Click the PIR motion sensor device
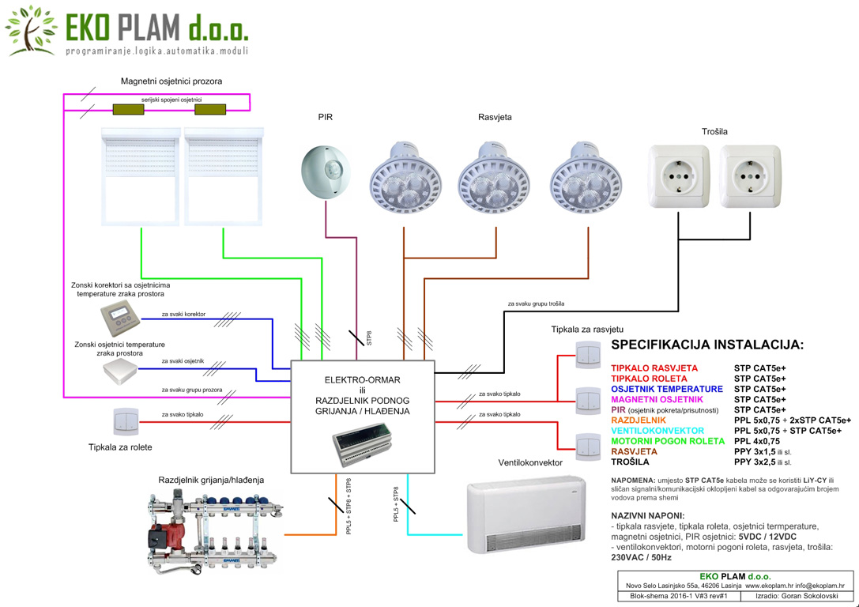(326, 171)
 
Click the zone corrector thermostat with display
(121, 318)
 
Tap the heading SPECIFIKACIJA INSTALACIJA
(707, 345)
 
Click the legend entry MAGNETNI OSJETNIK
(657, 400)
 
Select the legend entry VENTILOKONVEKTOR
(657, 431)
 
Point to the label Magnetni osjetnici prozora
(171, 81)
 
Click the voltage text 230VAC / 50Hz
(641, 557)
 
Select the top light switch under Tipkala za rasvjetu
(589, 355)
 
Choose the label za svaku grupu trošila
(536, 303)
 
